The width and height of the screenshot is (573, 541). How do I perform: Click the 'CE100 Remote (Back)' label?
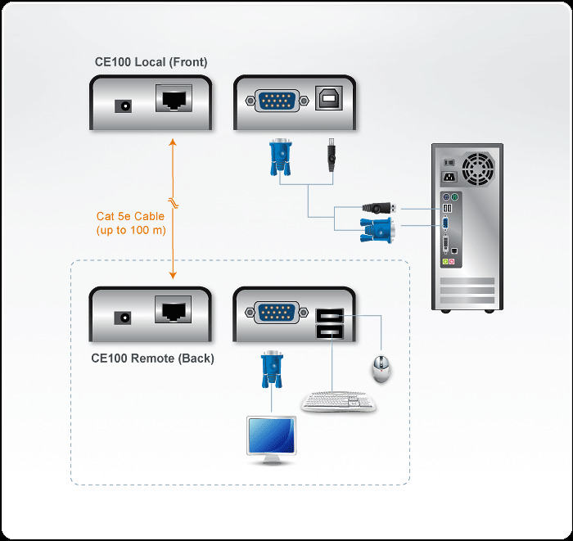pyautogui.click(x=152, y=358)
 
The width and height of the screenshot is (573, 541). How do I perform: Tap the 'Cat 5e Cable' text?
pyautogui.click(x=130, y=217)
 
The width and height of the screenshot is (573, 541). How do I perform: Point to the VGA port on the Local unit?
pyautogui.click(x=278, y=101)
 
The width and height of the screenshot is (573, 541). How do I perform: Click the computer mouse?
pyautogui.click(x=381, y=369)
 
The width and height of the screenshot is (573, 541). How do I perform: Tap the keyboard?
pyautogui.click(x=338, y=402)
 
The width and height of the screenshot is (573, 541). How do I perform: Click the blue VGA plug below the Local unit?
pyautogui.click(x=279, y=157)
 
